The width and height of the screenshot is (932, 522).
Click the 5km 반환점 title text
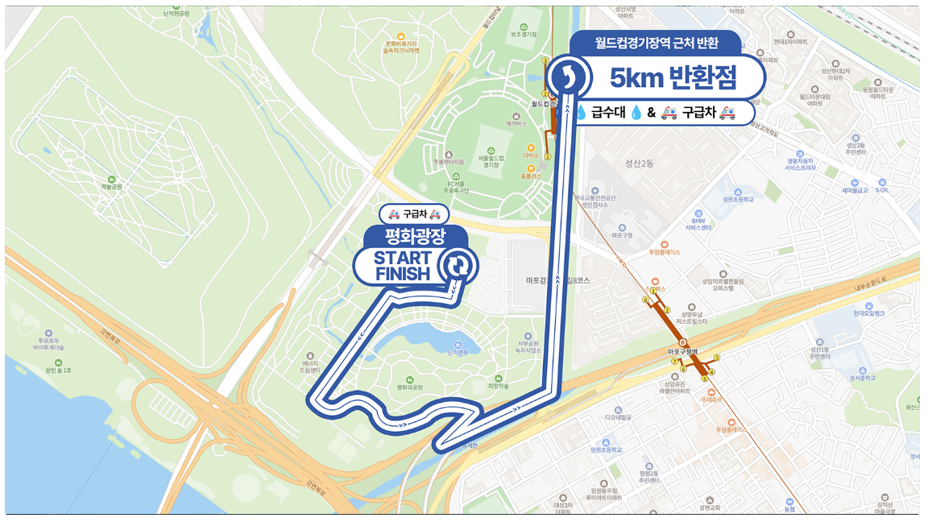tap(673, 77)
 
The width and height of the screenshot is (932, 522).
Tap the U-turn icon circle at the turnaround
tap(570, 76)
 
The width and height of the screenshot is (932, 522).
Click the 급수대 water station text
tap(611, 114)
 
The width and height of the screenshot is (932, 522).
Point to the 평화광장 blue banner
tap(415, 237)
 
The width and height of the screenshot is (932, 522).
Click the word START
tap(403, 258)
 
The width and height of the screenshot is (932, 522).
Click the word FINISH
tap(403, 273)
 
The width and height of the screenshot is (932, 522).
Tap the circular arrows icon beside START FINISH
tap(457, 265)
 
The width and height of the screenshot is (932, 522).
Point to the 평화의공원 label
tap(410, 387)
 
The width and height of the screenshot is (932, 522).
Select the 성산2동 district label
tap(640, 164)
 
